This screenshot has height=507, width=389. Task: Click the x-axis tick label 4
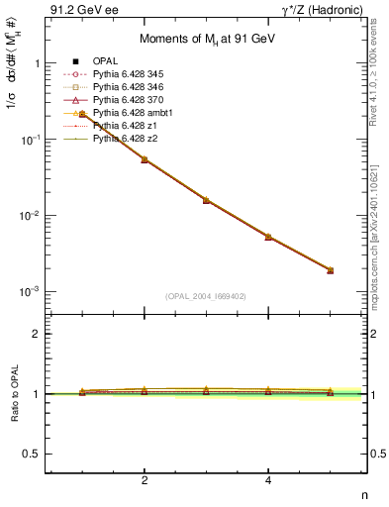pos(268,480)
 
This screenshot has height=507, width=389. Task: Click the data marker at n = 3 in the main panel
pos(206,200)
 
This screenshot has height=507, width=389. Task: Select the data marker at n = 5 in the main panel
pos(330,270)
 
